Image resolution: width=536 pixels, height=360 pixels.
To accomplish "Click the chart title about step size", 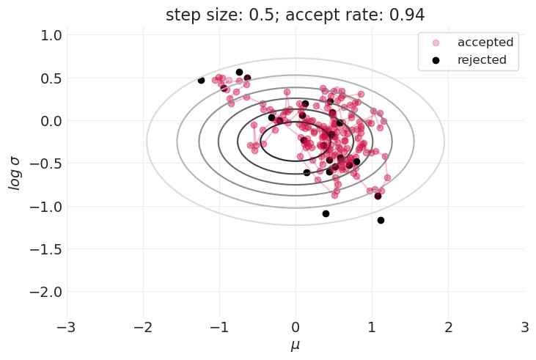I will click(295, 15).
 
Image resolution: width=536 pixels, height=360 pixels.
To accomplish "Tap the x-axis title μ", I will click(295, 345).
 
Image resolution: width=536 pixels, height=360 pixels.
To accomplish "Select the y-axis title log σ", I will click(15, 177).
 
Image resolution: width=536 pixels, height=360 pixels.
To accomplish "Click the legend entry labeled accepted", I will click(485, 42).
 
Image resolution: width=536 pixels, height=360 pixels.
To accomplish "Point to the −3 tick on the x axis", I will click(67, 326).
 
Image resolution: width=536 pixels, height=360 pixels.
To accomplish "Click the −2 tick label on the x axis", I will click(143, 326).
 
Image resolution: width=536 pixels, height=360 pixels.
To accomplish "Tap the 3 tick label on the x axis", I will click(524, 326).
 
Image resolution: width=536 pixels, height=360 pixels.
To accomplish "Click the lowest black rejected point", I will click(381, 220).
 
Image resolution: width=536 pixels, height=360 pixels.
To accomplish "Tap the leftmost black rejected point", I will click(201, 80).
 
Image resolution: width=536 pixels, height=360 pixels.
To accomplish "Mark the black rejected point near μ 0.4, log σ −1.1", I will click(326, 213).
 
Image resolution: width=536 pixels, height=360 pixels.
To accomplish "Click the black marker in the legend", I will click(436, 59).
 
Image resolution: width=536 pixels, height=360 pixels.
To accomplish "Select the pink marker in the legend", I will click(436, 42).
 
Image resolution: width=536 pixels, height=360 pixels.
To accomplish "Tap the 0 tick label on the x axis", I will click(295, 326).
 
